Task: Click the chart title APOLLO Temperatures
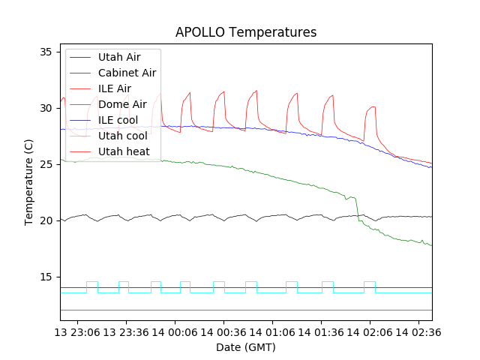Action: coord(246,32)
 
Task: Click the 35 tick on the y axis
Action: coord(45,52)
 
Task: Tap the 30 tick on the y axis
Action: coord(45,108)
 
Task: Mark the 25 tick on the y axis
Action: coord(45,164)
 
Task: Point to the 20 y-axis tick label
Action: coord(45,220)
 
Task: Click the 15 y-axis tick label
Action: coord(45,277)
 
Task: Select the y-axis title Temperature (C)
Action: coord(29,182)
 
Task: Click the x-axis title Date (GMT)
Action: coord(246,347)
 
